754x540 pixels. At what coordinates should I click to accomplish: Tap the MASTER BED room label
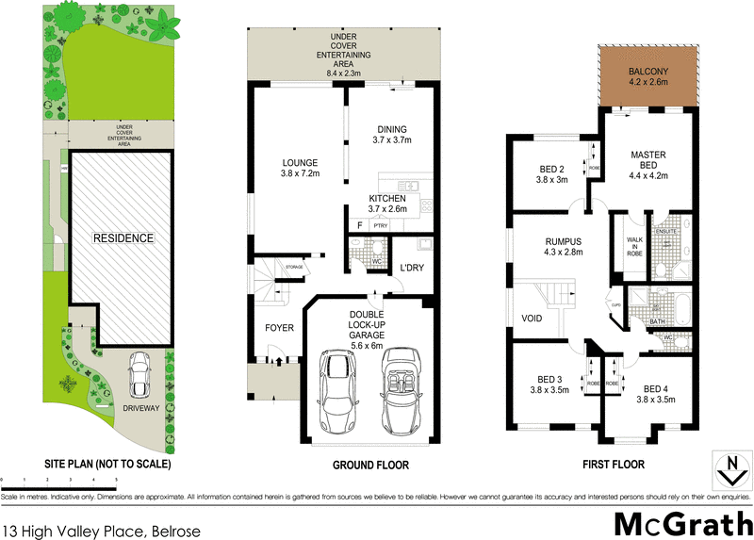click(649, 166)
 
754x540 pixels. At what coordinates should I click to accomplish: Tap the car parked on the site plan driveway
click(141, 374)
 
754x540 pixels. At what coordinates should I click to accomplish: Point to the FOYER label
click(278, 329)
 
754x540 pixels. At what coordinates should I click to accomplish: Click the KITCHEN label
click(386, 204)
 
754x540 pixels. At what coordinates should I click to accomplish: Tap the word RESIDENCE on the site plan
click(122, 238)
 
